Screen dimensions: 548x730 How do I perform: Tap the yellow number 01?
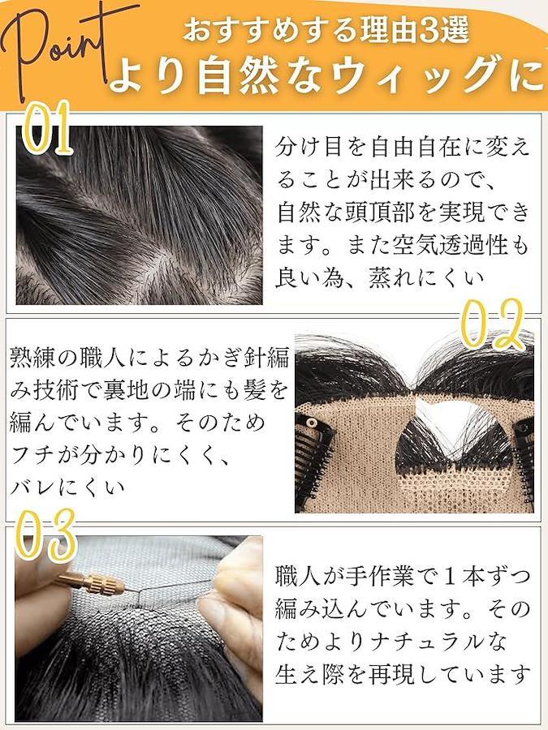click(x=45, y=128)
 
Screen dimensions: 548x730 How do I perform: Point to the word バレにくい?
click(x=67, y=487)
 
